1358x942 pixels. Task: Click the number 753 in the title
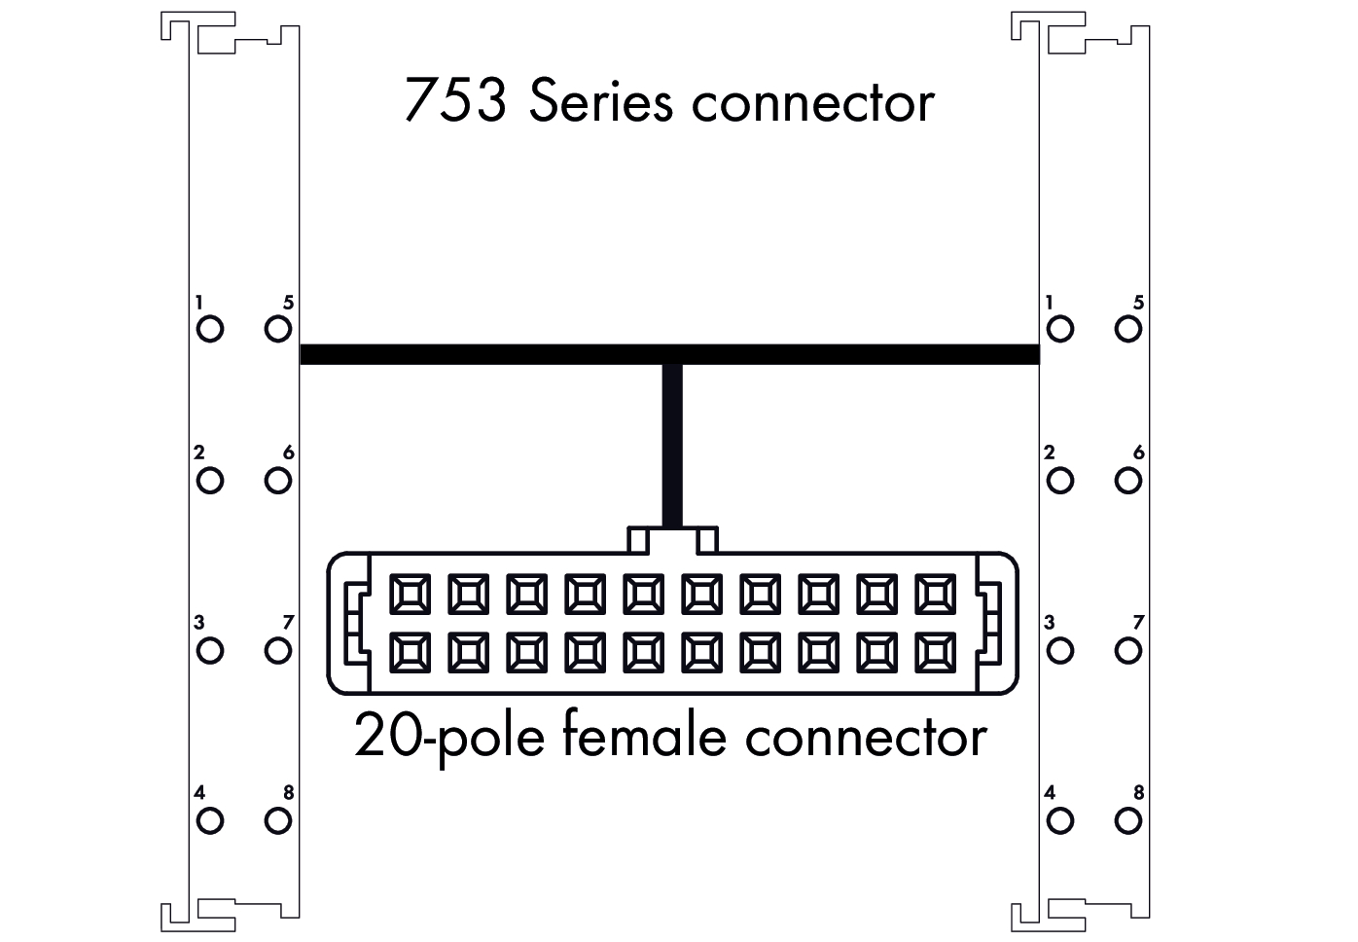click(x=454, y=101)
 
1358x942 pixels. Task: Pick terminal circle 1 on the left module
click(x=210, y=329)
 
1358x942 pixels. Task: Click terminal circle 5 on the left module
click(x=278, y=329)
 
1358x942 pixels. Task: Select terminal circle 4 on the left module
click(x=210, y=821)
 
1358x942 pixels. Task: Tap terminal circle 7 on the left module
click(x=278, y=650)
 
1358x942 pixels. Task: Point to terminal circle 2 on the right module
click(x=1060, y=480)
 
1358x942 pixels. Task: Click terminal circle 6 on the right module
click(x=1128, y=480)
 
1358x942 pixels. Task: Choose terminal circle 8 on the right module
click(x=1128, y=821)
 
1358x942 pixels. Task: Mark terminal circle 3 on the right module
click(x=1060, y=650)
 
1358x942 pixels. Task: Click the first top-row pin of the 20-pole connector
click(x=409, y=594)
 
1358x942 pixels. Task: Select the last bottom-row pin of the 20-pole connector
click(x=935, y=653)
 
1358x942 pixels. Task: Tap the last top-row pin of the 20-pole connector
click(x=935, y=594)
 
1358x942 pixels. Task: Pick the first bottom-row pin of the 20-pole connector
click(x=409, y=653)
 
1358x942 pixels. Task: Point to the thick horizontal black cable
click(x=486, y=354)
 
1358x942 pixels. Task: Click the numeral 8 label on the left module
click(x=289, y=793)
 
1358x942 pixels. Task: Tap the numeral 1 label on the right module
click(x=1050, y=303)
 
